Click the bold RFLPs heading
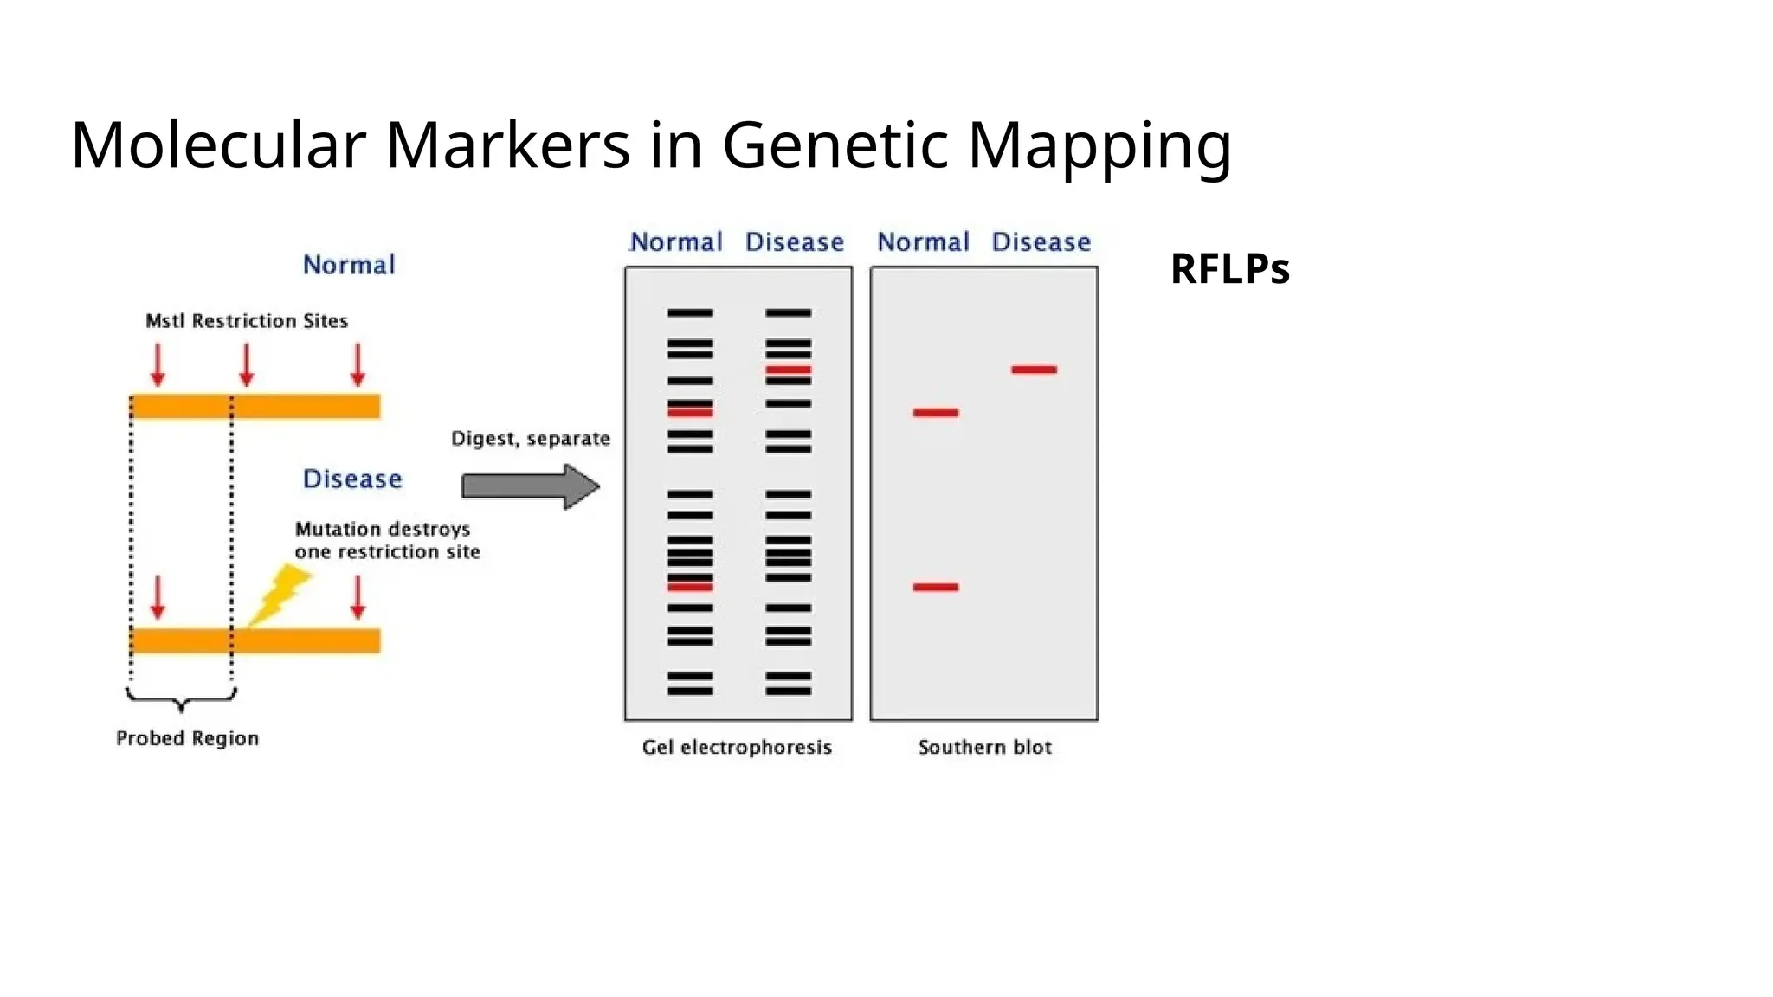click(x=1229, y=268)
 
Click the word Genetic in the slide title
click(x=835, y=145)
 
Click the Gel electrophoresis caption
click(x=737, y=747)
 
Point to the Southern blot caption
click(x=984, y=747)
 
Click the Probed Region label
click(x=187, y=738)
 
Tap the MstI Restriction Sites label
click(x=247, y=321)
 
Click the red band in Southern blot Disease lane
click(x=1034, y=370)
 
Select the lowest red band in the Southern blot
click(x=936, y=587)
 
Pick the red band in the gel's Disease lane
click(x=788, y=370)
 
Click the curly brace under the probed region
click(x=181, y=698)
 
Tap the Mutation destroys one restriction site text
click(x=387, y=540)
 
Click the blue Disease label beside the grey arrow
click(x=352, y=479)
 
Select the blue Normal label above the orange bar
click(x=349, y=264)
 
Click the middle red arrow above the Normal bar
click(x=247, y=364)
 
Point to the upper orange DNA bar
click(x=255, y=406)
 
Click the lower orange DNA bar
click(x=255, y=640)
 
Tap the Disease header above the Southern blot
click(x=1041, y=241)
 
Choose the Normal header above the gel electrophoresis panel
click(x=676, y=241)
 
